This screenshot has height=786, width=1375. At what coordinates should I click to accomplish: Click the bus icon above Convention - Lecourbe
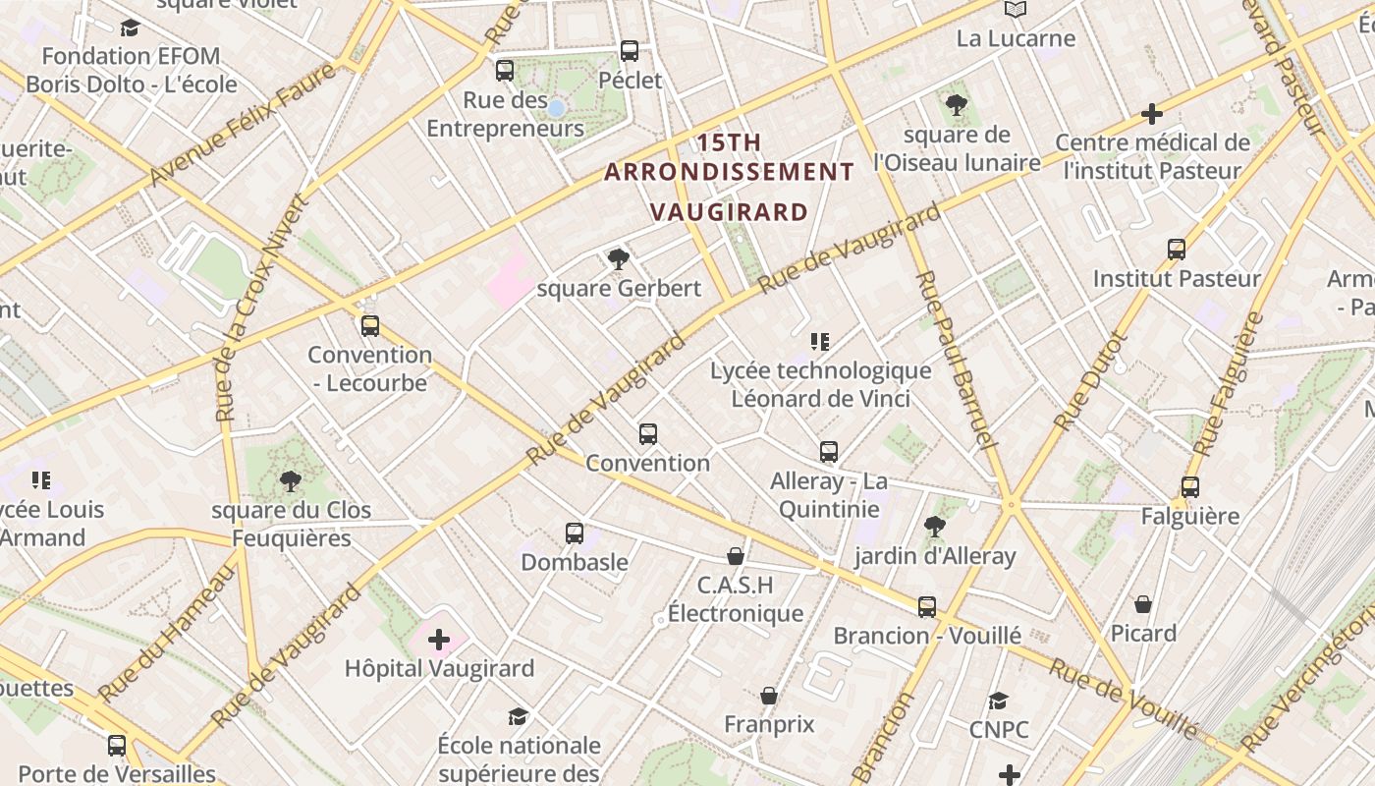tap(370, 325)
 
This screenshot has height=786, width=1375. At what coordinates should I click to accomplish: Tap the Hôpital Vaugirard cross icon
tap(439, 641)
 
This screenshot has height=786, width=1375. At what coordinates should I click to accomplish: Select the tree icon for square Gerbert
tap(618, 259)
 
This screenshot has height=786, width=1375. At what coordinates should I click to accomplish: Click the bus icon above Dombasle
tap(575, 533)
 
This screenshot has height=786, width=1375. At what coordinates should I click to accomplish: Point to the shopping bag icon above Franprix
tap(769, 696)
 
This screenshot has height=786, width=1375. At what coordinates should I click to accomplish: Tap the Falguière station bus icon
tap(1190, 486)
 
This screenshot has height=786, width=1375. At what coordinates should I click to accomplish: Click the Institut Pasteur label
tap(1177, 279)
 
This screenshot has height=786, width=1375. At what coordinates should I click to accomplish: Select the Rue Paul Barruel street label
tap(956, 361)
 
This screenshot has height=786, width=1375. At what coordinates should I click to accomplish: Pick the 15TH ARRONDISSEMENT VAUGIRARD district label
tap(730, 177)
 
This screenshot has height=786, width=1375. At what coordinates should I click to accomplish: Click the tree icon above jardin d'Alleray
tap(934, 528)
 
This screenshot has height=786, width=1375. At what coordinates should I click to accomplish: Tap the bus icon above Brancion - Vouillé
tap(927, 606)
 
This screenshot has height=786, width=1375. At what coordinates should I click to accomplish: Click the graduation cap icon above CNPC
tap(999, 701)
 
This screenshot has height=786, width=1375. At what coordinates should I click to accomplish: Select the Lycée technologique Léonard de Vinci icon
tap(820, 342)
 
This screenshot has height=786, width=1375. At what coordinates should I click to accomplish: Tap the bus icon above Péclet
tap(630, 50)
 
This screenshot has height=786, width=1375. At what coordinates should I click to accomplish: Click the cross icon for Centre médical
tap(1152, 114)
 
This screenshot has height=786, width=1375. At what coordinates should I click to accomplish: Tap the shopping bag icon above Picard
tap(1143, 603)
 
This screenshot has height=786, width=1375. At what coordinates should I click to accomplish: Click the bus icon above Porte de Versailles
tap(117, 745)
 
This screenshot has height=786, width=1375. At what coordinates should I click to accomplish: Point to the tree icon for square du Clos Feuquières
tap(290, 481)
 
